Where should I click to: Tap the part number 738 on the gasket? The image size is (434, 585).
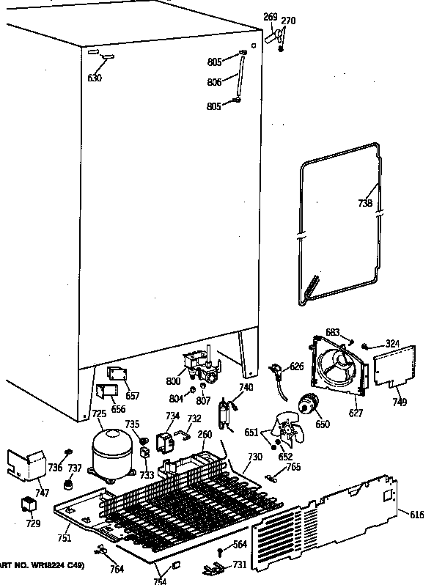pos(365,204)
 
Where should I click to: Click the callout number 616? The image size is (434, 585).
pos(416,515)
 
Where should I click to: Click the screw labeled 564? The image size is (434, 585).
pos(219,551)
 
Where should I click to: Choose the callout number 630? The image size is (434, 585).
pos(95,78)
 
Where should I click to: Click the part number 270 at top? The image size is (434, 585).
pos(288,21)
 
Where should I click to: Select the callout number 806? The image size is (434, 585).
pos(215,82)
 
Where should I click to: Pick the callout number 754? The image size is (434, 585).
pos(160,581)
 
